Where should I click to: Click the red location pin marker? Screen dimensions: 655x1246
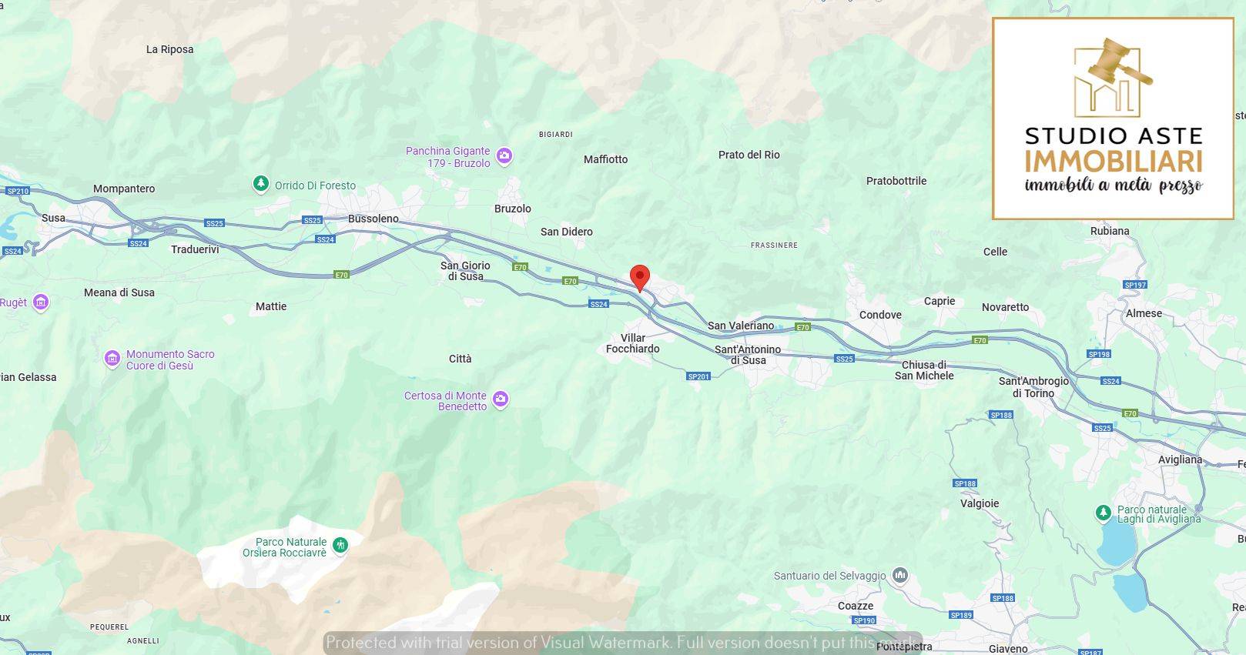[x=639, y=277]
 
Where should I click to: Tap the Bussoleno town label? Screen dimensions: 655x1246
[x=373, y=219]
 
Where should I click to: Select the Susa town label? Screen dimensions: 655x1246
[x=53, y=218]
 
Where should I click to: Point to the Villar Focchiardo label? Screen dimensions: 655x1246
[x=632, y=343]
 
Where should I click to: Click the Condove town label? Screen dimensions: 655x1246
[x=880, y=315]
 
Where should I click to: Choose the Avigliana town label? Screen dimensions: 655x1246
[x=1180, y=460]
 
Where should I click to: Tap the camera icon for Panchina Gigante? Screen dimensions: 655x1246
[x=504, y=157]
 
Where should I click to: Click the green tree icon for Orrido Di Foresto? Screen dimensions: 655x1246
[x=261, y=184]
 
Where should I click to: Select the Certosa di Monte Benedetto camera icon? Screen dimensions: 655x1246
[x=501, y=399]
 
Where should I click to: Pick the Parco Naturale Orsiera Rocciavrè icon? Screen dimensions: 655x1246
[x=340, y=546]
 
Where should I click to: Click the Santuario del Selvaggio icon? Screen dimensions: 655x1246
[x=900, y=575]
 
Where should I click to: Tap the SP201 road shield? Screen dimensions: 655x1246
[x=698, y=376]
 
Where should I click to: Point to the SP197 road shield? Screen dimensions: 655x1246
[x=1135, y=285]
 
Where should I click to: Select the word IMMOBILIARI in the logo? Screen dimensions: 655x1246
[x=1113, y=162]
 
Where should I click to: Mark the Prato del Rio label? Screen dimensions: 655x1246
[x=749, y=155]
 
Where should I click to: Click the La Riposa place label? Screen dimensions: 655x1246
[x=170, y=49]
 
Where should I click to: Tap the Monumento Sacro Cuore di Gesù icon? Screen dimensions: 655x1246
[x=112, y=358]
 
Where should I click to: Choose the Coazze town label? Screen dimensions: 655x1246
[x=855, y=606]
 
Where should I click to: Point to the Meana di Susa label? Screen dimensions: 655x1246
[x=119, y=292]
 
